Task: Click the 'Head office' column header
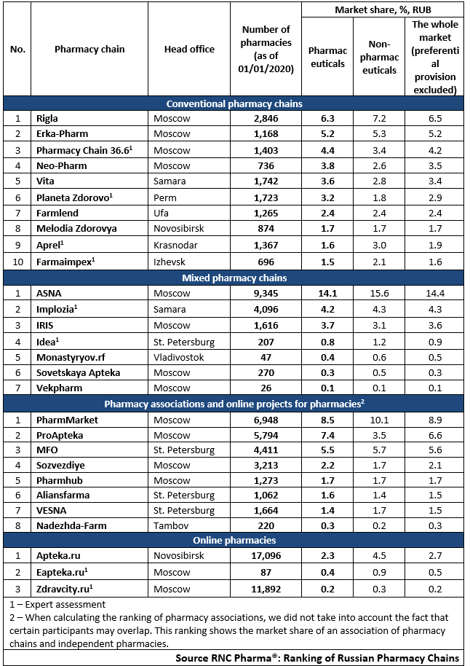[189, 50]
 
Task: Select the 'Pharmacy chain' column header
[89, 50]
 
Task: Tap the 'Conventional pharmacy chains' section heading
[234, 104]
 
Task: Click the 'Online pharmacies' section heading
[234, 540]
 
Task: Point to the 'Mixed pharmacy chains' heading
[234, 278]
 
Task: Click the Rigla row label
[47, 119]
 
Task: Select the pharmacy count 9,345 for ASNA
[266, 294]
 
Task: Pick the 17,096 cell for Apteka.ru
[266, 555]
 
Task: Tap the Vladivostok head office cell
[178, 358]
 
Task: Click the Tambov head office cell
[171, 526]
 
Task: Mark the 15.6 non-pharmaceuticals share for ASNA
[379, 294]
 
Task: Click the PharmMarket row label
[67, 420]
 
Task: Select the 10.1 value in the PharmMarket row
[379, 420]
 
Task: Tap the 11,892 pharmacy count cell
[266, 589]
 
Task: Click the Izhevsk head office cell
[170, 262]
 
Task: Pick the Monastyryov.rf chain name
[71, 358]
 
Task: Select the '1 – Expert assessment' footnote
[57, 604]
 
